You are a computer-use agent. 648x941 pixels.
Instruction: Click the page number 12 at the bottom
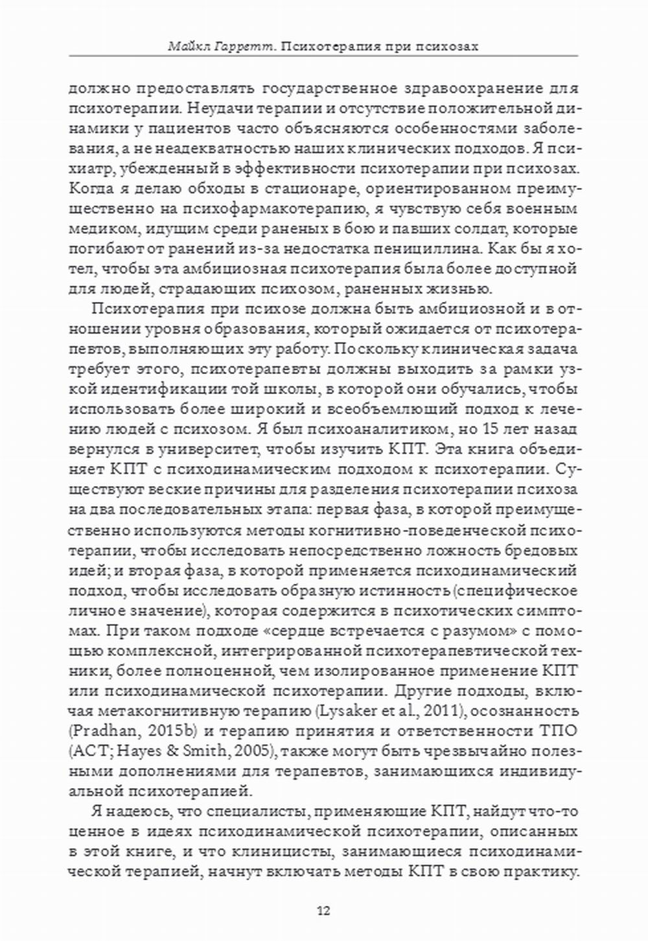click(x=323, y=911)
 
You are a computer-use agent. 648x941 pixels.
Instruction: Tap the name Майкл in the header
click(x=187, y=46)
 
